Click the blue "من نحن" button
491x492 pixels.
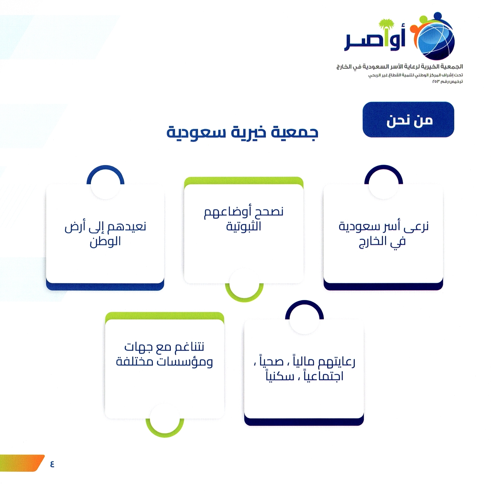(x=408, y=120)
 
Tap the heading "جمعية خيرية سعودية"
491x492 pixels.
(x=242, y=132)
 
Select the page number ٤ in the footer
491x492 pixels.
(x=52, y=463)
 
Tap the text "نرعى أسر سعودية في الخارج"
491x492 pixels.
(x=383, y=234)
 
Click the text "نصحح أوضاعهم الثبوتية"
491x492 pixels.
(x=244, y=219)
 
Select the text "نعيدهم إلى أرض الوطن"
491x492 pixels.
(x=105, y=234)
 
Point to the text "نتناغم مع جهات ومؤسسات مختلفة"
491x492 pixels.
(x=164, y=354)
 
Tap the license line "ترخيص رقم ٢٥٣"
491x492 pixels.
(x=447, y=81)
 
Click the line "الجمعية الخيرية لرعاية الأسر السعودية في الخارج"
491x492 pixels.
(x=400, y=67)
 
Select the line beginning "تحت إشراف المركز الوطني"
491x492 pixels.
(x=415, y=75)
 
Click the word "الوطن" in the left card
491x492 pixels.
(x=105, y=241)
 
